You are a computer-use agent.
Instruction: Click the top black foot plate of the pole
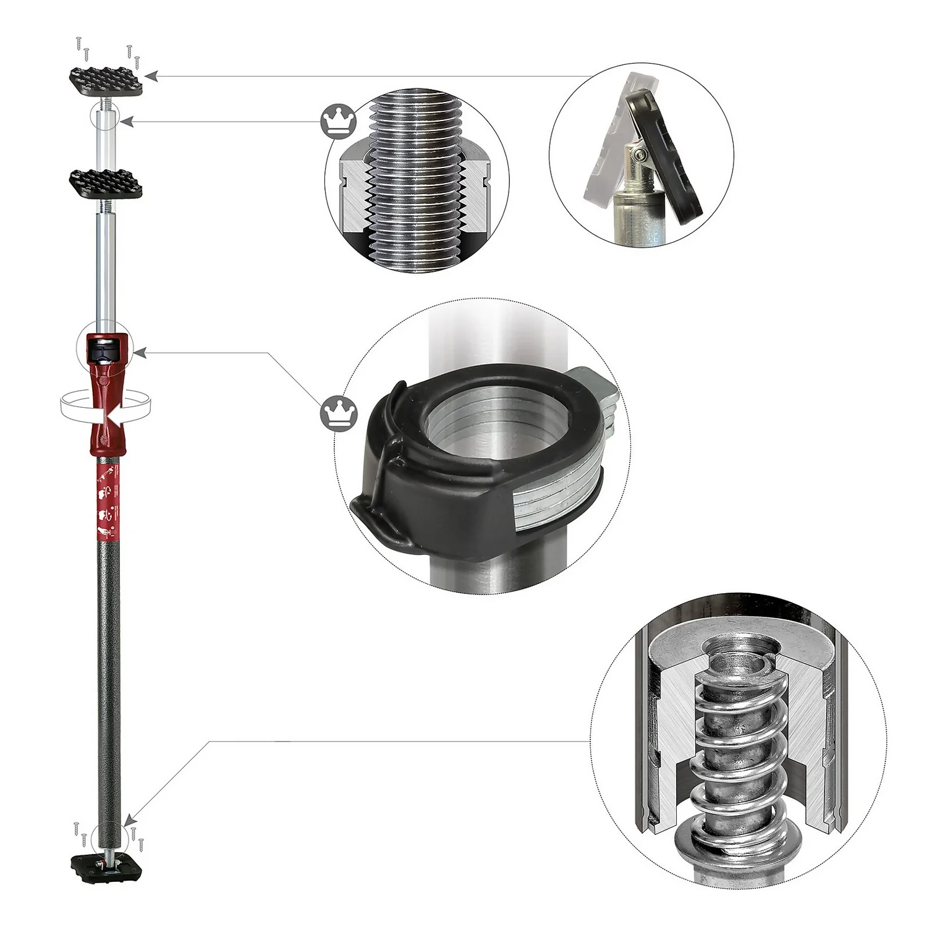pos(106,80)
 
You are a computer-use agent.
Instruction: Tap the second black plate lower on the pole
pos(106,183)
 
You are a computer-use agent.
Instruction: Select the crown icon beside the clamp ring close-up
pos(339,413)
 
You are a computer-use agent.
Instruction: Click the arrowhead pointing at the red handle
pos(140,353)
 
